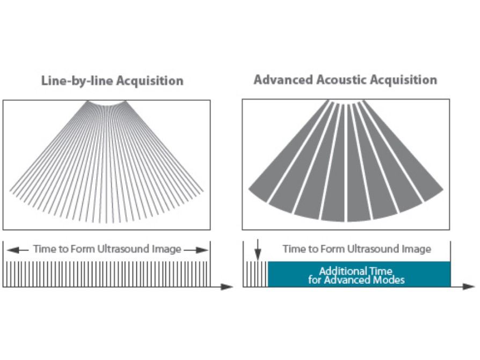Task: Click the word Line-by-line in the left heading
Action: (x=70, y=81)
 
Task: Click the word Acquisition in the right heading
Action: (x=404, y=80)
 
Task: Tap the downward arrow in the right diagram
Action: (x=258, y=252)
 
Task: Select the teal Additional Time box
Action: (x=359, y=274)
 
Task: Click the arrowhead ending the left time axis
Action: (x=228, y=286)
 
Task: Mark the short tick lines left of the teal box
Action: (x=255, y=274)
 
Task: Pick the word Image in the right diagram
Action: (x=419, y=249)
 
